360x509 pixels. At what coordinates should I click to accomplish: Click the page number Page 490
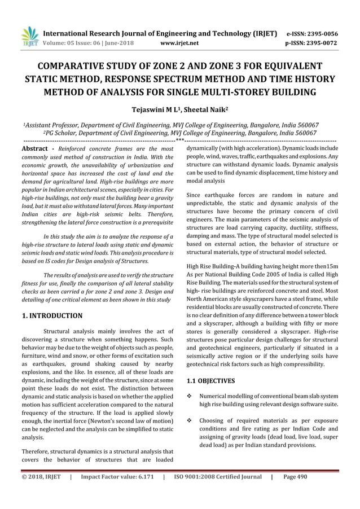click(x=295, y=477)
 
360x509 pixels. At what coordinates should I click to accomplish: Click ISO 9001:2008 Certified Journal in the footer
click(x=218, y=477)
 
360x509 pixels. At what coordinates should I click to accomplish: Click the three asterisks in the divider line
click(x=179, y=140)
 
